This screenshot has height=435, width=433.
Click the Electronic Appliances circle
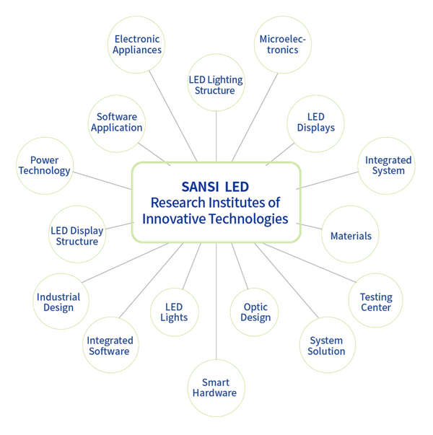pyautogui.click(x=136, y=45)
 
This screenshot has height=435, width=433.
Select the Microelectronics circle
pyautogui.click(x=283, y=45)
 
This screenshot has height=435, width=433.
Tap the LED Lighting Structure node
pyautogui.click(x=216, y=83)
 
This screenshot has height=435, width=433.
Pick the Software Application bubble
pyautogui.click(x=117, y=124)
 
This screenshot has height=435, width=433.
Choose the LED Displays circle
pyautogui.click(x=315, y=124)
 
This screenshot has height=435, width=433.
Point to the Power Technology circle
pyautogui.click(x=45, y=166)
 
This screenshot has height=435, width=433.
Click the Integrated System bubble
pyautogui.click(x=387, y=166)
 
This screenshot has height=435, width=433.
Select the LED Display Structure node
pyautogui.click(x=77, y=234)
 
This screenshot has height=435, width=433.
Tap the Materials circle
pyautogui.click(x=350, y=234)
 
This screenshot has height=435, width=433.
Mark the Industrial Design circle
pyautogui.click(x=61, y=302)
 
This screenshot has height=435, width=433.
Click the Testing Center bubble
pyautogui.click(x=375, y=300)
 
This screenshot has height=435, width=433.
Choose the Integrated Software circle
pyautogui.click(x=110, y=345)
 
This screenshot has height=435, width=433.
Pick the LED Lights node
pyautogui.click(x=175, y=312)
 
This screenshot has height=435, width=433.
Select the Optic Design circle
pyautogui.click(x=254, y=312)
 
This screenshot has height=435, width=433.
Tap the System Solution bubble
pyautogui.click(x=328, y=345)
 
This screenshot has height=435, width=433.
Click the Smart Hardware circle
pyautogui.click(x=216, y=388)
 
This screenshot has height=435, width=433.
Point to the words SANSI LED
pyautogui.click(x=215, y=187)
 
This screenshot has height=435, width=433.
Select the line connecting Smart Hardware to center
pyautogui.click(x=216, y=302)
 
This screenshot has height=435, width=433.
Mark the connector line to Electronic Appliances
pyautogui.click(x=173, y=116)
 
